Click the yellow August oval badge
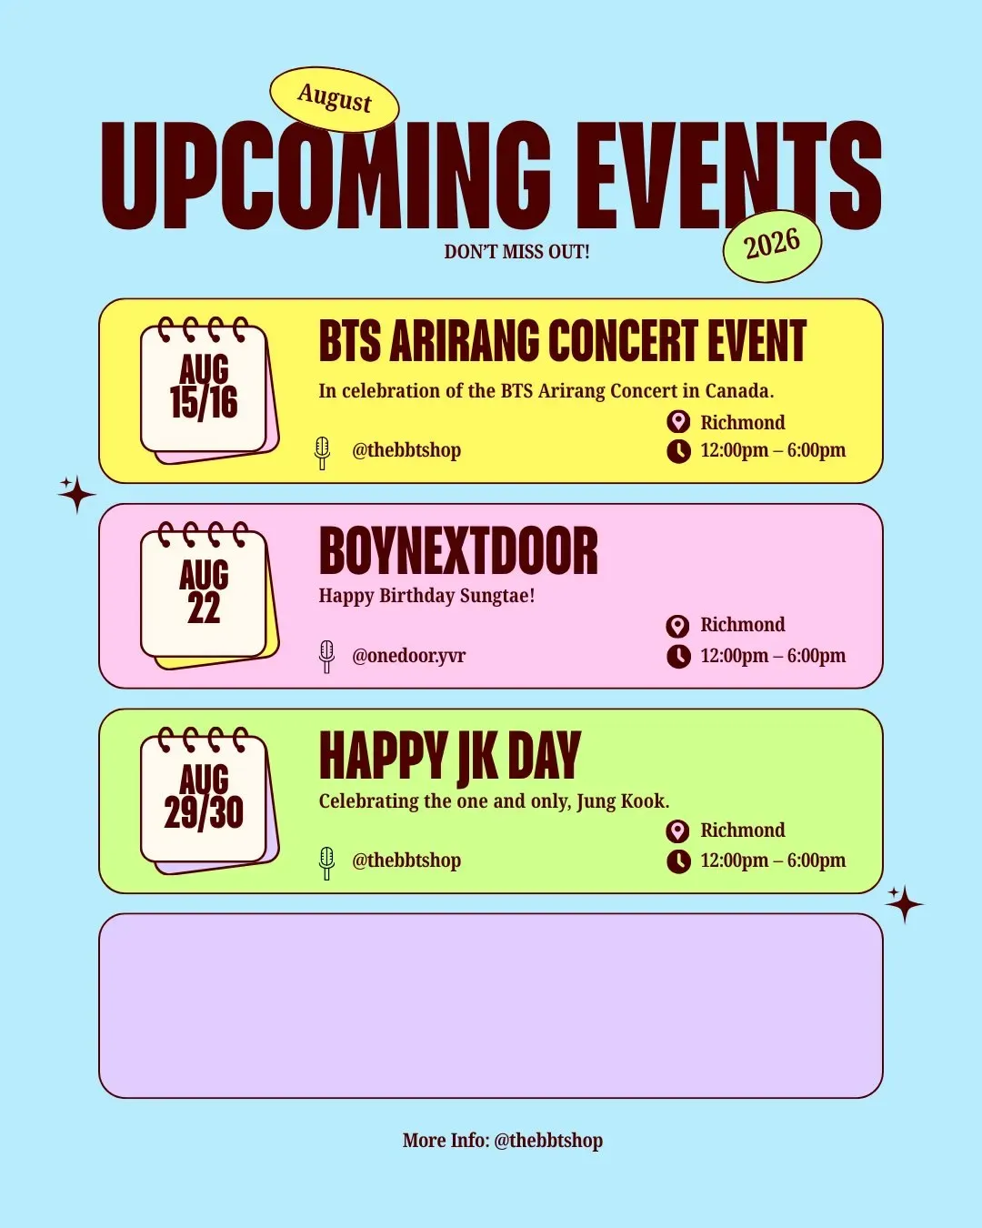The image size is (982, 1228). click(x=335, y=99)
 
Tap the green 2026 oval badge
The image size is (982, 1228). click(x=772, y=246)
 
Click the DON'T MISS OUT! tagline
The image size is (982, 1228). click(x=517, y=252)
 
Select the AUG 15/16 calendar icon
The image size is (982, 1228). click(x=209, y=390)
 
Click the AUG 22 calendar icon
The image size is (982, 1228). click(x=209, y=595)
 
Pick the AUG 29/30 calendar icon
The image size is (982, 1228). click(x=209, y=800)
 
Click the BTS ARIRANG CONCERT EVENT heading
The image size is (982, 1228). click(x=563, y=341)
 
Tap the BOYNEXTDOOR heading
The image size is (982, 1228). click(x=458, y=551)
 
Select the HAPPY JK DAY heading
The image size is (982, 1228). click(x=450, y=757)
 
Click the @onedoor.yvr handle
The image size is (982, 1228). click(x=408, y=655)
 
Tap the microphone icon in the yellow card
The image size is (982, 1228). click(x=323, y=453)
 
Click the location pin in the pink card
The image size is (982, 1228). click(x=678, y=626)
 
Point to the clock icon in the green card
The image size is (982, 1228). click(x=678, y=861)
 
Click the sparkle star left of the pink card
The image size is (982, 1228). click(x=76, y=494)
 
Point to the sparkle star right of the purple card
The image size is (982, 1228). click(x=904, y=904)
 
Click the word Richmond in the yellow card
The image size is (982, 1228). click(x=742, y=422)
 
